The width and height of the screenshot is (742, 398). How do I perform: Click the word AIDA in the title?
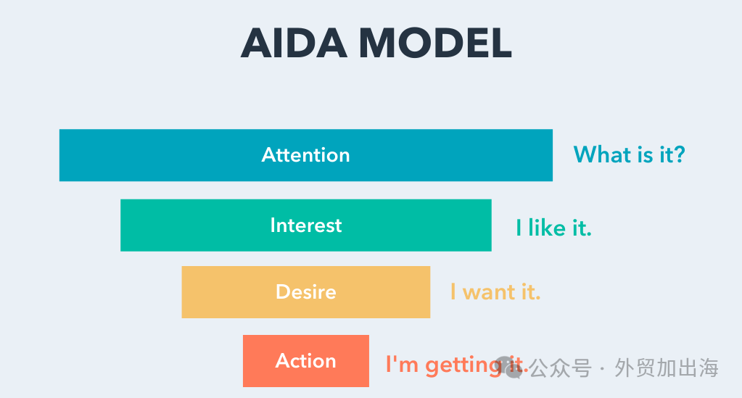294,43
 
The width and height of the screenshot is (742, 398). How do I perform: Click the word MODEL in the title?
435,43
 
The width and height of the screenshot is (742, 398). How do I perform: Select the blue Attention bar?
305,155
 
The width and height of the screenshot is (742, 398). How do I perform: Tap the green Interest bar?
305,225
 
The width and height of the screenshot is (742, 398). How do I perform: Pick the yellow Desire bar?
305,292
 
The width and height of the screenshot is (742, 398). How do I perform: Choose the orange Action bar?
305,361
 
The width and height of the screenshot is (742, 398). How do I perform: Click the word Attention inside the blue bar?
305,155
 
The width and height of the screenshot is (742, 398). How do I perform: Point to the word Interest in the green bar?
305,225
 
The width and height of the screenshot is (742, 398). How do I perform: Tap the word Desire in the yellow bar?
305,292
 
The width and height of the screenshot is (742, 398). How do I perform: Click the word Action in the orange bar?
305,361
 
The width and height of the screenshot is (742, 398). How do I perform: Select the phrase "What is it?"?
630,154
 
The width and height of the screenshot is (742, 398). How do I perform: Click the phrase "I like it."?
553,228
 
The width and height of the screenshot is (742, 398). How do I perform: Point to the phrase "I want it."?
495,292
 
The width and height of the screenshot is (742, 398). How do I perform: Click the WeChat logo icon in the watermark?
510,368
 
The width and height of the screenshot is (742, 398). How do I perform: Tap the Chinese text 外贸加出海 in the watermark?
667,368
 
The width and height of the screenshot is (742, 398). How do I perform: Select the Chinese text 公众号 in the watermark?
560,368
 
